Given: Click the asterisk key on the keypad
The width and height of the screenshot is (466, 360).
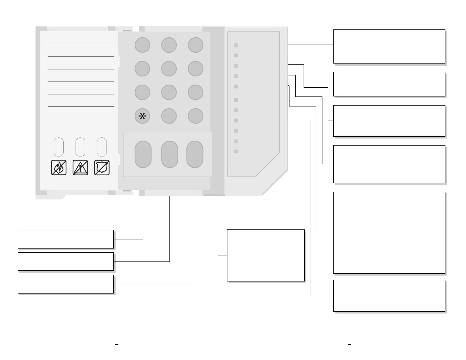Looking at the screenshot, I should click(x=142, y=116).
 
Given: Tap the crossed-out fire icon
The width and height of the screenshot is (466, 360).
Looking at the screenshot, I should click(x=59, y=168).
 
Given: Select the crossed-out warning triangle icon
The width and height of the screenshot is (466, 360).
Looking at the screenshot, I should click(x=80, y=168).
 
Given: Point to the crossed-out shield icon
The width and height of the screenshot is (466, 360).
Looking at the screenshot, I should click(x=102, y=168).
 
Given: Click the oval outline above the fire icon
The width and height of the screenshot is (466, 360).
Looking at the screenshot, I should click(x=59, y=147).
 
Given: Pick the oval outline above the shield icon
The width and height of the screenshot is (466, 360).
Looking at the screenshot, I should click(x=102, y=147).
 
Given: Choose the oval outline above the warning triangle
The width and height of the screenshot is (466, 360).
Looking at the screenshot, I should click(x=80, y=147).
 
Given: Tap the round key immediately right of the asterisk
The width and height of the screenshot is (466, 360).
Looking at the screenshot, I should click(x=169, y=116).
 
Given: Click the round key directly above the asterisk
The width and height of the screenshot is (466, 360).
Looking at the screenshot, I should click(x=142, y=92).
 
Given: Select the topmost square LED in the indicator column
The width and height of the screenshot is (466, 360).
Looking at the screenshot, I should click(x=236, y=45).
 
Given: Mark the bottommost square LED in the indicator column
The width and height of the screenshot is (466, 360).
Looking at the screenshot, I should click(x=236, y=151).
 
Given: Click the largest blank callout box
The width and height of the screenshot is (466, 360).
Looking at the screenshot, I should click(x=389, y=233).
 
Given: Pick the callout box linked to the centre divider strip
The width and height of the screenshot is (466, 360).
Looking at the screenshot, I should click(x=266, y=255).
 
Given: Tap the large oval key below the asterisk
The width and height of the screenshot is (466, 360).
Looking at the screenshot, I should click(x=143, y=154).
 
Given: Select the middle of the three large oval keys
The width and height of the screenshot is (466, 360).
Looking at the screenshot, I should click(x=170, y=154).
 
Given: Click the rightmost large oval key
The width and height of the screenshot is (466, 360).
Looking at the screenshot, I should click(x=195, y=154).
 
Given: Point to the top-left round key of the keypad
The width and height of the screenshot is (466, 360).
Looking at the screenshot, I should click(x=142, y=45).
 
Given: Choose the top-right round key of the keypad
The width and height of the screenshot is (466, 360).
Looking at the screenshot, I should click(x=196, y=45).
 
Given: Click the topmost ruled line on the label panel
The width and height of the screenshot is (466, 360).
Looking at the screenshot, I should click(x=81, y=44).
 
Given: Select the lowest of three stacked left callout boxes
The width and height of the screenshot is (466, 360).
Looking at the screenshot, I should click(x=66, y=284).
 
